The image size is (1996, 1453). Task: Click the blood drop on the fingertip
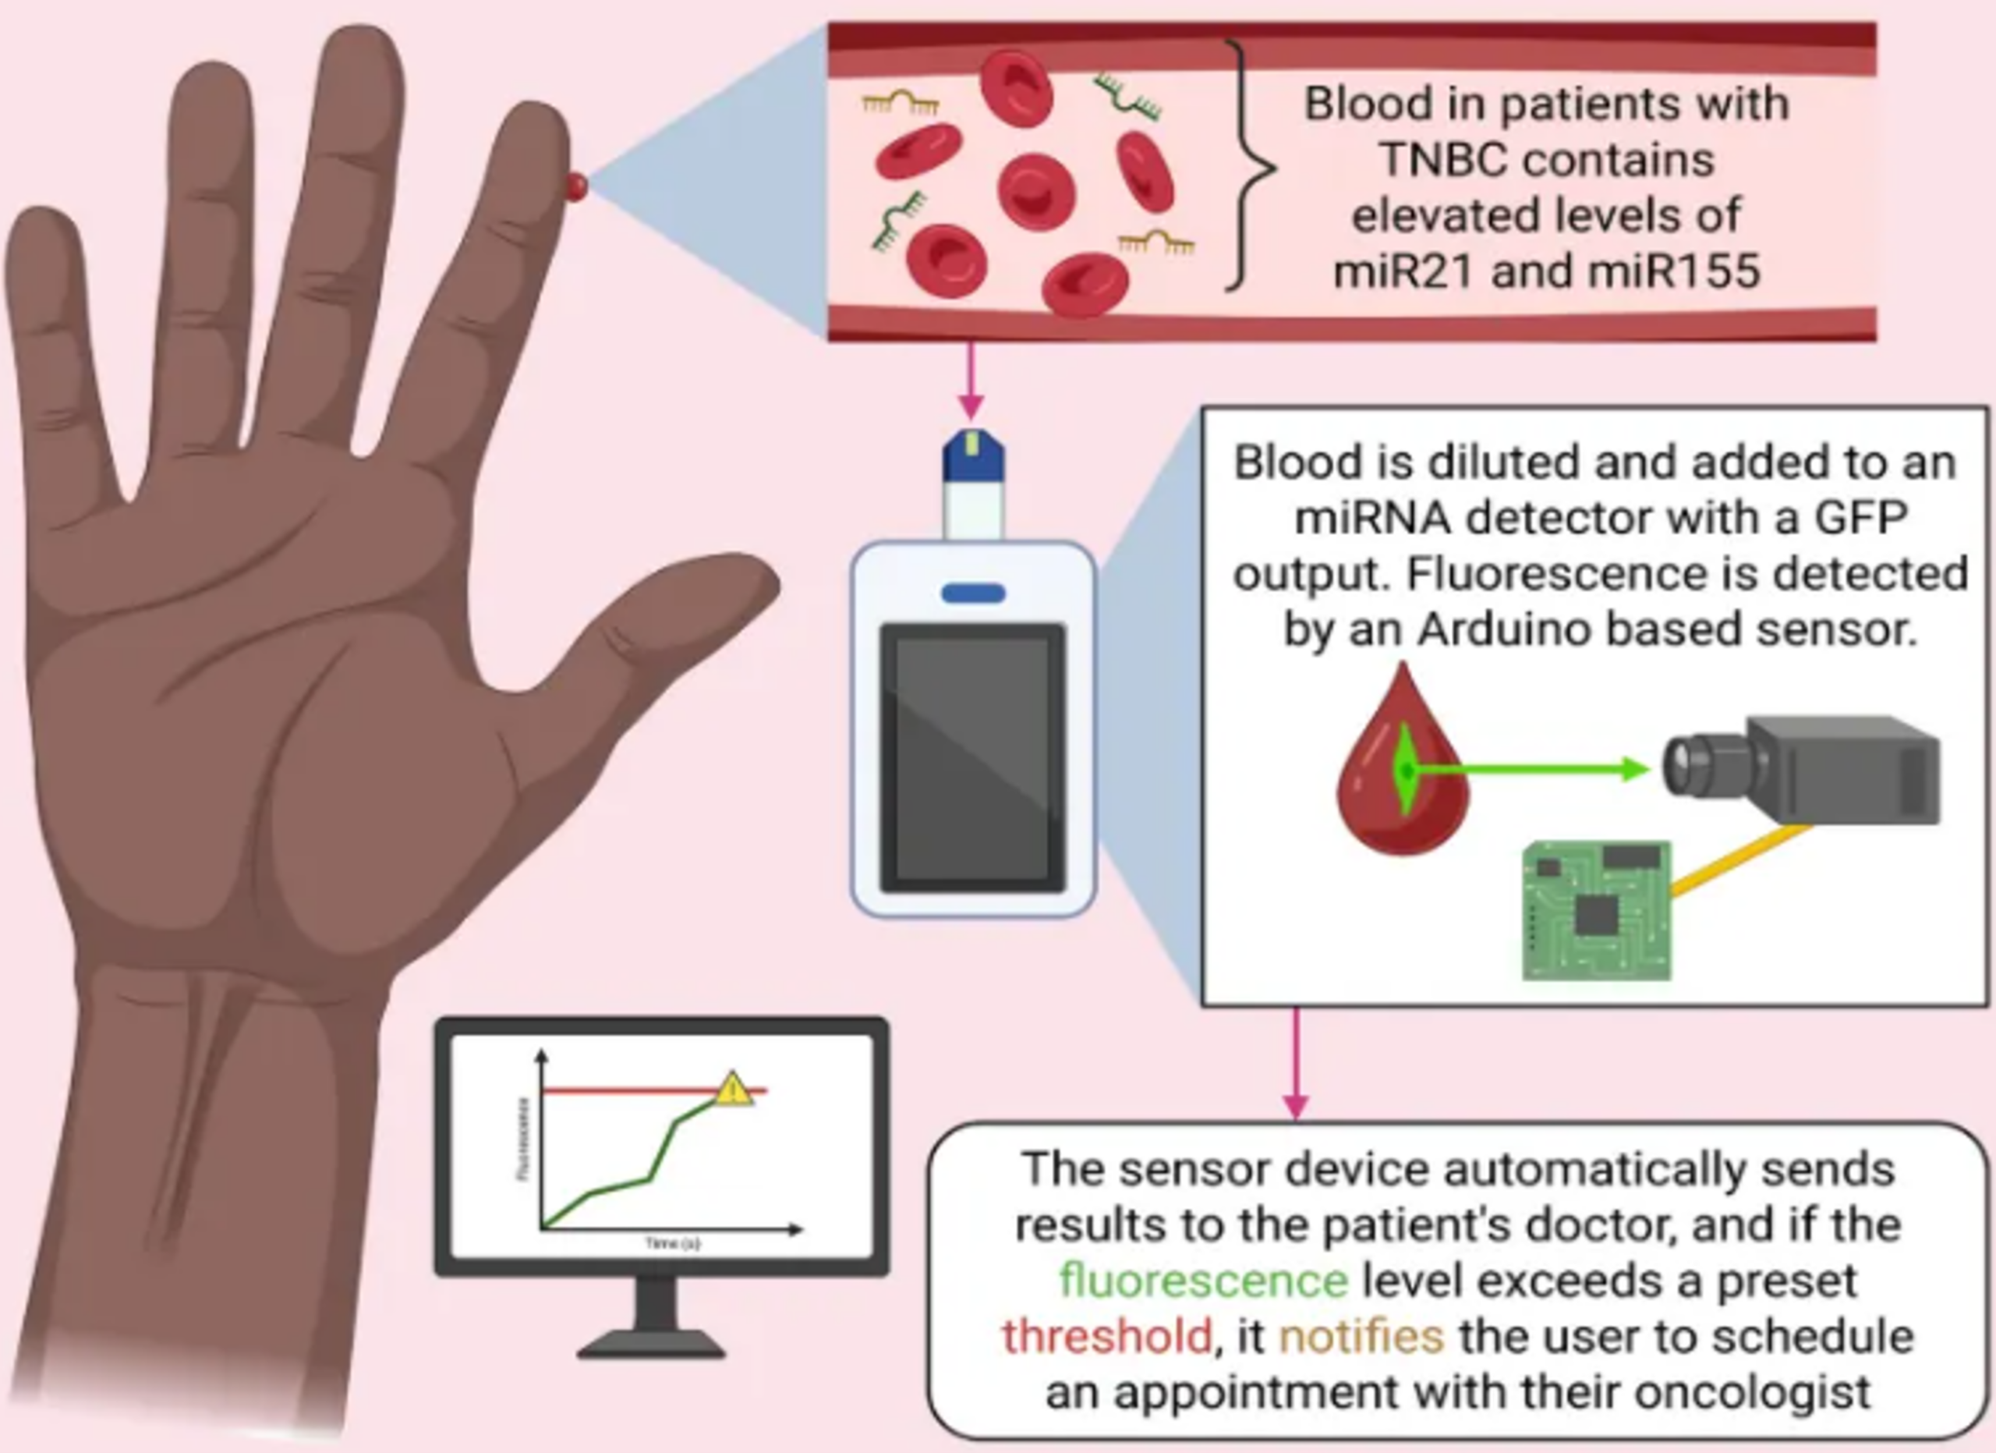[576, 186]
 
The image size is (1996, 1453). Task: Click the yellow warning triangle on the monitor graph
[732, 1090]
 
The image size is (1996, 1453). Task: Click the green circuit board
[1595, 911]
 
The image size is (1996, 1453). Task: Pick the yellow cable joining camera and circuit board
[1738, 859]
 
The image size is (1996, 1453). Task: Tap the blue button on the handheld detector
[972, 594]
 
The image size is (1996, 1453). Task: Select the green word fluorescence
[1203, 1280]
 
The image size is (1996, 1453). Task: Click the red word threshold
[1107, 1336]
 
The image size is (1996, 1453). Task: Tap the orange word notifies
[1361, 1336]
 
